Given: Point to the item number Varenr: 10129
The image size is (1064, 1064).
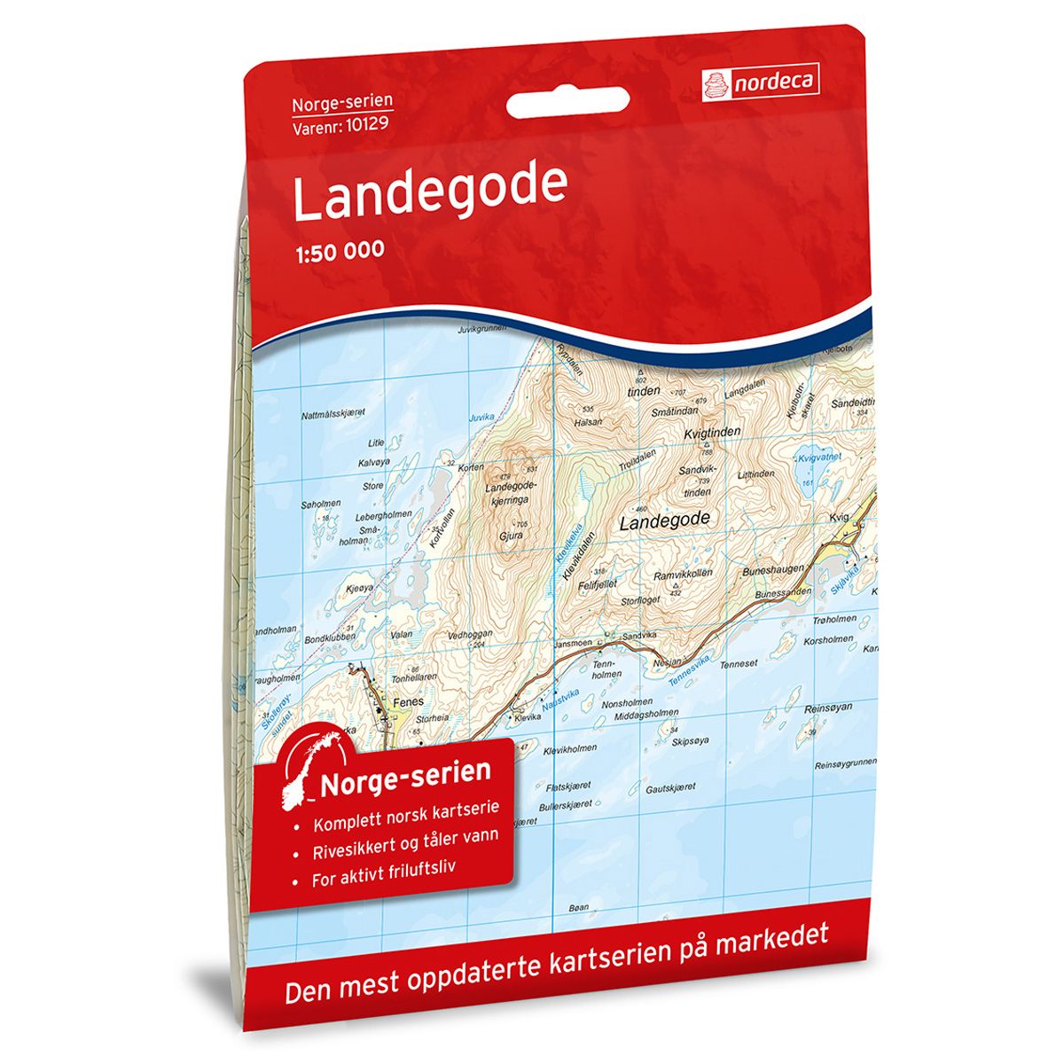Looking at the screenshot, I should pyautogui.click(x=343, y=123).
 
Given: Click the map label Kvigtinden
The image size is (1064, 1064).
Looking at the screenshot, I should pyautogui.click(x=712, y=432).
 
